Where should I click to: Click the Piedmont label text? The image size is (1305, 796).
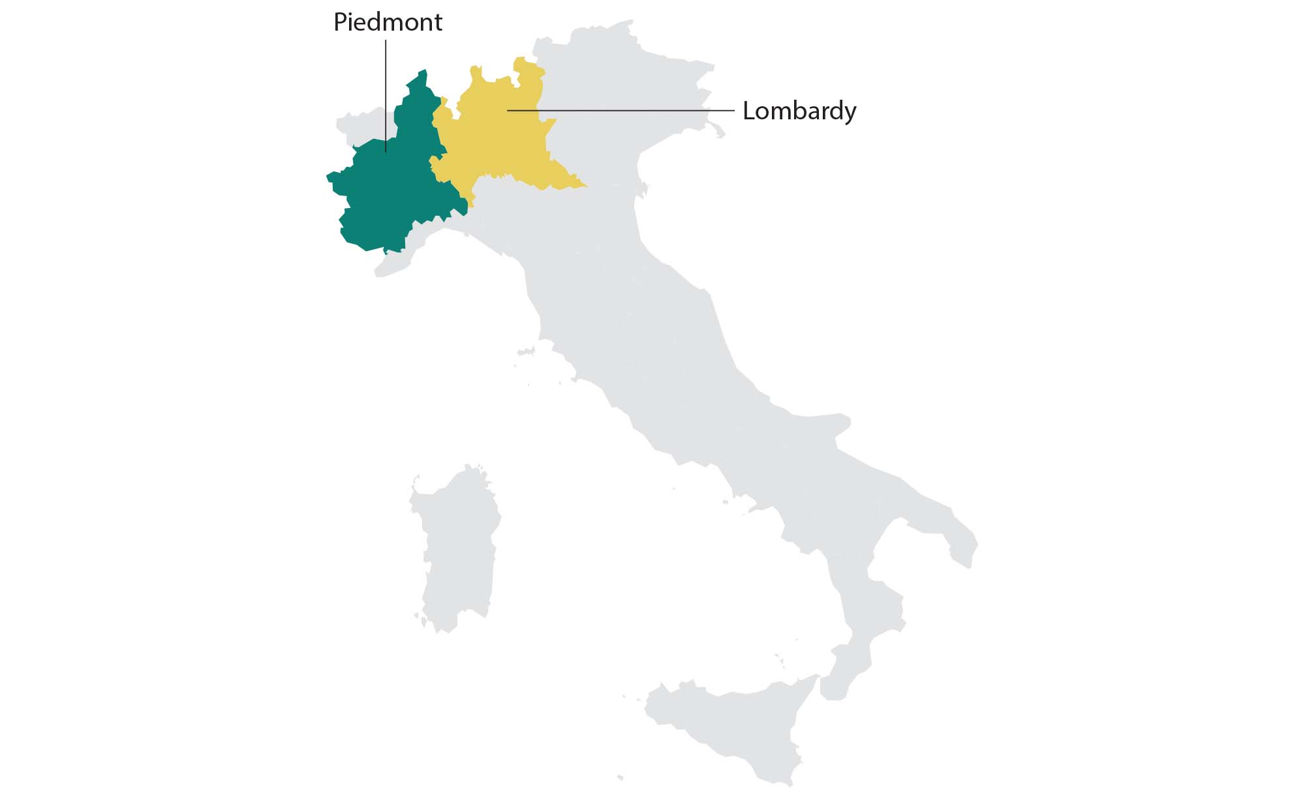(388, 23)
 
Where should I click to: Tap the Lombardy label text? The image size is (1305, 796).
(799, 111)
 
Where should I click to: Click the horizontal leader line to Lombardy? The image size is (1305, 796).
(620, 111)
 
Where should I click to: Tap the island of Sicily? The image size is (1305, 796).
(731, 724)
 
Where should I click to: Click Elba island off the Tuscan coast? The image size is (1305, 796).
(525, 353)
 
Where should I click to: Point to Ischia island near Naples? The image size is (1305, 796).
(725, 502)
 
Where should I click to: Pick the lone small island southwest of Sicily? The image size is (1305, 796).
(620, 777)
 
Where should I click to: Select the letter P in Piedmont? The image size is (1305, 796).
(339, 23)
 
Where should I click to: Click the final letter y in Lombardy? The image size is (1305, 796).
(850, 113)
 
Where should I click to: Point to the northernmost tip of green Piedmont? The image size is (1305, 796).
(424, 70)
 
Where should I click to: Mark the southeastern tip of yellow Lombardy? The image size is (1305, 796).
(585, 186)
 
